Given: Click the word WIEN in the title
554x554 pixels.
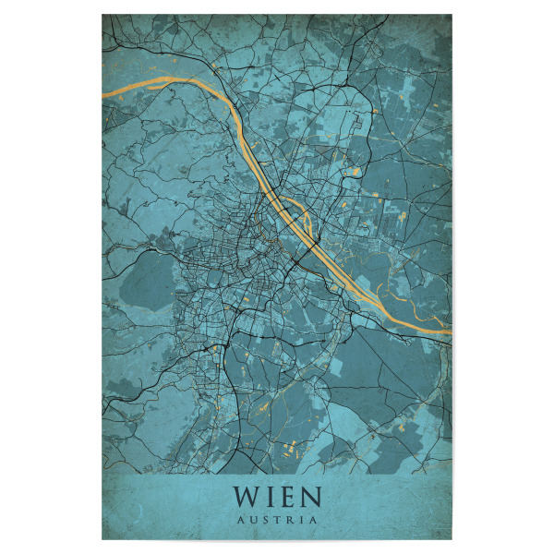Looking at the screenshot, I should (277, 497).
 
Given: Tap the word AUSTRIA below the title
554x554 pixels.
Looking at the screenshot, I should (277, 519).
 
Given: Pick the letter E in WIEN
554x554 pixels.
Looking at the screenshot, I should (286, 497).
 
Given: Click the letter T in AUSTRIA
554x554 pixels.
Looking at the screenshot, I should (276, 519).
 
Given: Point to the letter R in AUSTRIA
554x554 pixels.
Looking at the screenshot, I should (288, 519).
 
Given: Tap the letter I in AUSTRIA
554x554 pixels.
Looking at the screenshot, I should (300, 519).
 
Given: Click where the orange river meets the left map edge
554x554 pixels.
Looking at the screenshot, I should (103, 95).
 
